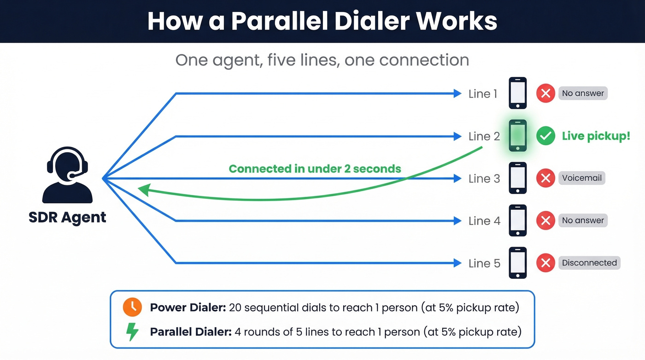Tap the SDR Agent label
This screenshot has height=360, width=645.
click(x=67, y=217)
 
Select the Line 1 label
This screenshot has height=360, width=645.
click(x=482, y=94)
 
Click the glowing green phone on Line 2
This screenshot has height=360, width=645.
click(x=517, y=136)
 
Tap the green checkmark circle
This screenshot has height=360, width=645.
click(x=545, y=136)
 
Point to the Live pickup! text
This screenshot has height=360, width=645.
click(x=596, y=136)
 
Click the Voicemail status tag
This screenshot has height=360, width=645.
click(x=581, y=178)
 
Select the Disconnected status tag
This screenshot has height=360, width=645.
click(x=589, y=263)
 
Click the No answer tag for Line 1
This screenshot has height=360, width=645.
click(x=582, y=93)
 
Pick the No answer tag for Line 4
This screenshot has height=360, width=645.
click(x=582, y=220)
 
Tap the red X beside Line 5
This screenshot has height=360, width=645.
click(x=545, y=263)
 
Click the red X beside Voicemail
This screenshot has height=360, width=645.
click(x=545, y=178)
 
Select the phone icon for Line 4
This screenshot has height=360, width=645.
click(x=517, y=220)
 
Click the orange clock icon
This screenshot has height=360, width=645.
click(x=132, y=307)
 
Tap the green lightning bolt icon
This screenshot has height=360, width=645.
click(x=132, y=332)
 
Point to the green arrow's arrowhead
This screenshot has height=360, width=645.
click(x=144, y=189)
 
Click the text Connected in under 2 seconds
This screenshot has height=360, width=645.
click(x=315, y=169)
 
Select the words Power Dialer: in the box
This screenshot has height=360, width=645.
click(x=188, y=307)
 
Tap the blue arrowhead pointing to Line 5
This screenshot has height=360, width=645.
click(x=457, y=263)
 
